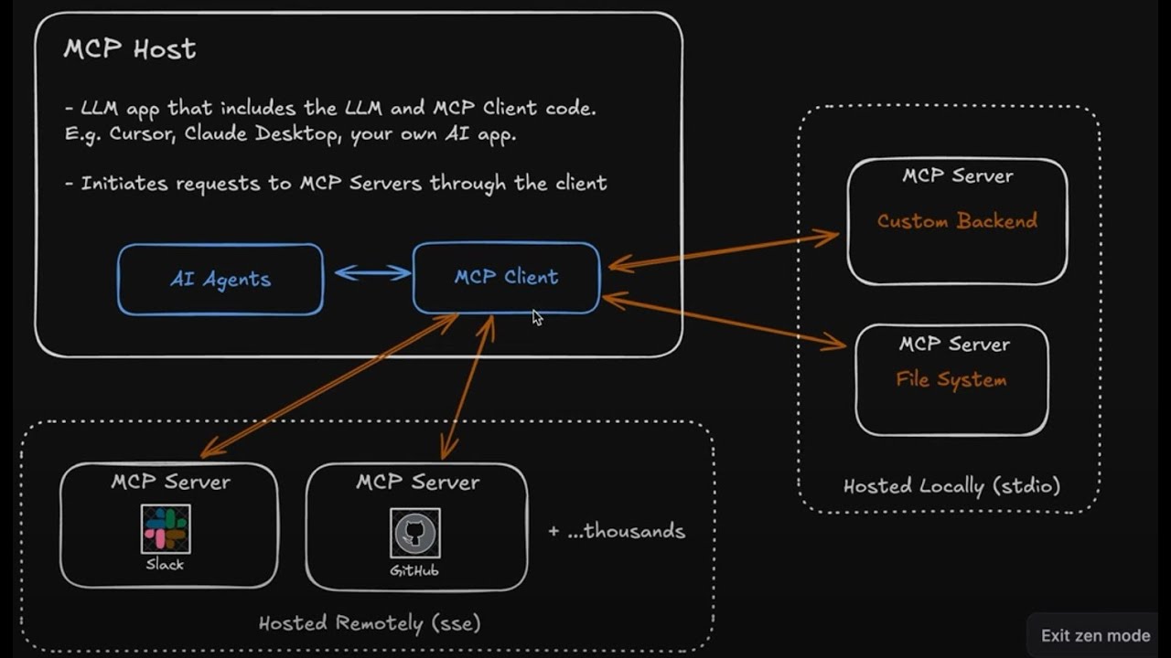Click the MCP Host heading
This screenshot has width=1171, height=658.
tap(130, 49)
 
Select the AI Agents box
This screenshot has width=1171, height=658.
tap(220, 280)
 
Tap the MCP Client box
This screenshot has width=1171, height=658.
tap(506, 277)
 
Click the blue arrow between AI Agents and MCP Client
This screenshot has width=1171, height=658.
tap(372, 272)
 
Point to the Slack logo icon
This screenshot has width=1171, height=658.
tap(166, 529)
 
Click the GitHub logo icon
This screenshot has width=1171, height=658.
tap(414, 534)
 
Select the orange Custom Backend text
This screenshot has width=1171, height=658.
tap(957, 221)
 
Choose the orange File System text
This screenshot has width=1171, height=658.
tap(951, 379)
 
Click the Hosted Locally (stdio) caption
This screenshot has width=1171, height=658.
tap(951, 486)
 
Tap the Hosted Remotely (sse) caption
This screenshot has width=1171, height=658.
tap(370, 624)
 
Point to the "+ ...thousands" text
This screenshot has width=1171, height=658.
tap(617, 531)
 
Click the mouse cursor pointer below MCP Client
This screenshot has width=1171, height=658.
tap(537, 317)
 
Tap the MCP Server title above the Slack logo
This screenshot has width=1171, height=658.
tap(171, 482)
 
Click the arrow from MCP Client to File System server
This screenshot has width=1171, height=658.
tap(723, 321)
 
